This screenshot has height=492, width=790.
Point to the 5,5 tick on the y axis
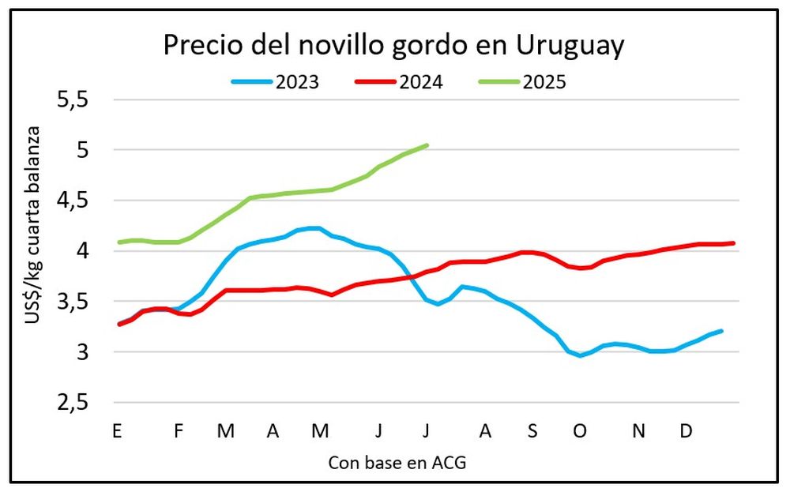pos(72,100)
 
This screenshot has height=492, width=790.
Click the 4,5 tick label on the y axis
pos(72,201)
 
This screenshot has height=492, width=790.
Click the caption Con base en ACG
pos(397,464)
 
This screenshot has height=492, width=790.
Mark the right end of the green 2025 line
pos(427,145)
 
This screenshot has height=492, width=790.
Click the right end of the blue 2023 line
pos(722,331)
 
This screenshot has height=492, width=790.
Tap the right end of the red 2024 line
pos(734,243)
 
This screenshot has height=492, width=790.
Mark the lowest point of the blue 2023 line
pos(581,356)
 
